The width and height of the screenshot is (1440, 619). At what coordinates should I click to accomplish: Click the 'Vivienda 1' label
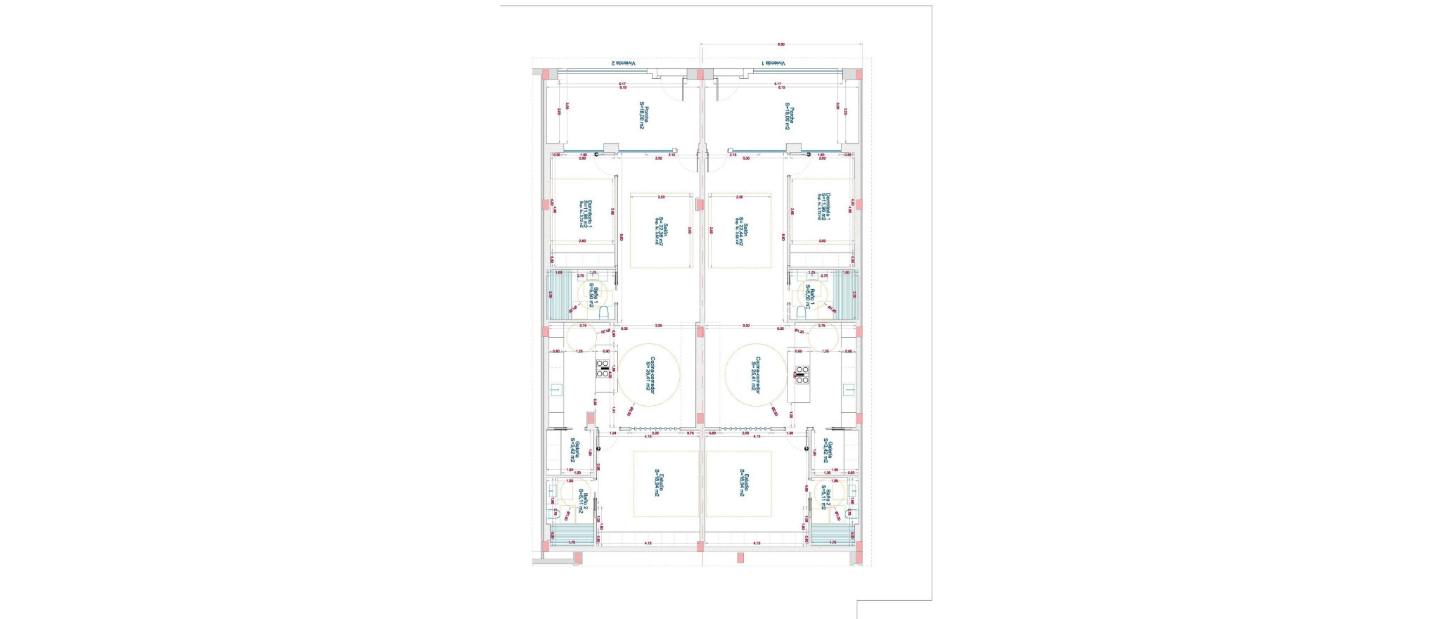pos(773,63)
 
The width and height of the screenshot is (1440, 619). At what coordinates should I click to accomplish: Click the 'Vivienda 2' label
pos(623,63)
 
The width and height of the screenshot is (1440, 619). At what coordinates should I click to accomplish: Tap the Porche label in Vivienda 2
pos(645,117)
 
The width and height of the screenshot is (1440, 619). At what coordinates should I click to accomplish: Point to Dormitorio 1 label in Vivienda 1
pos(824,207)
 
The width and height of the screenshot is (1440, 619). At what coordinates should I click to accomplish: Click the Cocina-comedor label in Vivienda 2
pos(650,380)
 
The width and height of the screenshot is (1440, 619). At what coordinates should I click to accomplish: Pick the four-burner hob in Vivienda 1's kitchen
pos(802,375)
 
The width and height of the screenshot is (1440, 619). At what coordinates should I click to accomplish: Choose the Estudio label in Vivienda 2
pos(658,483)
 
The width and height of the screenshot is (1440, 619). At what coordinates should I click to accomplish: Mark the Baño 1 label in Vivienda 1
pos(812,297)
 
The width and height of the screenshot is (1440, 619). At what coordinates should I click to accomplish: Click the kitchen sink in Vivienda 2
pos(555,389)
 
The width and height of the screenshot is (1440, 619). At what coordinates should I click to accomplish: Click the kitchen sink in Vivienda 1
pos(849,389)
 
